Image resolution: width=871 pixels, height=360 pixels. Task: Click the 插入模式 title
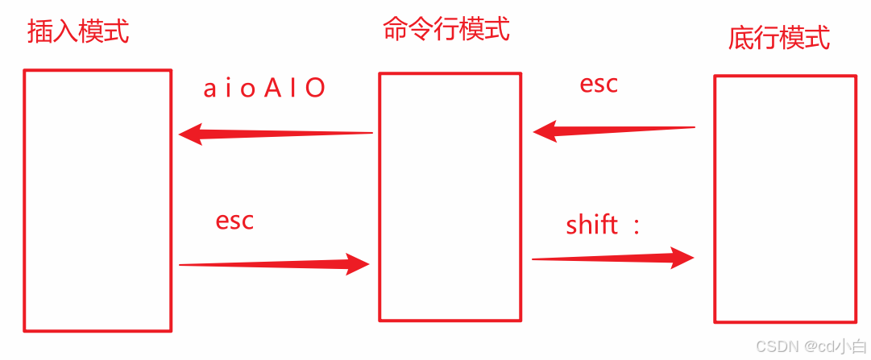tap(78, 32)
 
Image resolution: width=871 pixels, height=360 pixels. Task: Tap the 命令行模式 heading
tap(446, 30)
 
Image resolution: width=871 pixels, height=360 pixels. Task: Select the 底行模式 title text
tap(779, 37)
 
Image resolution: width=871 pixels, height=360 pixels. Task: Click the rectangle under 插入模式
tap(97, 201)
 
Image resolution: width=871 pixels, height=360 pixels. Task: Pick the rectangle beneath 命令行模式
tap(450, 197)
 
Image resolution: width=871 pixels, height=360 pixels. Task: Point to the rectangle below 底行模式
tap(785, 199)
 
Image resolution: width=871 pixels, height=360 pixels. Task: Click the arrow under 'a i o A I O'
tap(275, 133)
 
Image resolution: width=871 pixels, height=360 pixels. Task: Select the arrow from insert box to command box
tap(274, 263)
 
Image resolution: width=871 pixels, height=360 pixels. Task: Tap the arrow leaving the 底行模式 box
tap(613, 129)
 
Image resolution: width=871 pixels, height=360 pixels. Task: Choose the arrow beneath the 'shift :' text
tap(612, 259)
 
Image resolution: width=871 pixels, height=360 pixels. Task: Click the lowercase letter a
tap(209, 89)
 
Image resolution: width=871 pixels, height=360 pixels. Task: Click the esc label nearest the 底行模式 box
tap(599, 85)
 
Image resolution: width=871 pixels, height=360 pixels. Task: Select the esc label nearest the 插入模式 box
tap(234, 221)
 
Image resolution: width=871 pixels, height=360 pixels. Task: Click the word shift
tap(591, 225)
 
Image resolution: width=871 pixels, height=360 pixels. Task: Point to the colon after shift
tap(636, 227)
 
